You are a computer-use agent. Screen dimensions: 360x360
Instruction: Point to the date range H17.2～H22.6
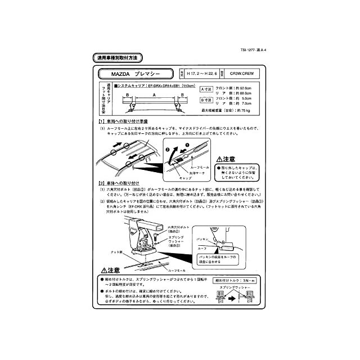[200, 74]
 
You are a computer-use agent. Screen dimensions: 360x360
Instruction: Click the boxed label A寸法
[207, 88]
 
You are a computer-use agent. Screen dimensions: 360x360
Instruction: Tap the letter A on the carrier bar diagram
[138, 95]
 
